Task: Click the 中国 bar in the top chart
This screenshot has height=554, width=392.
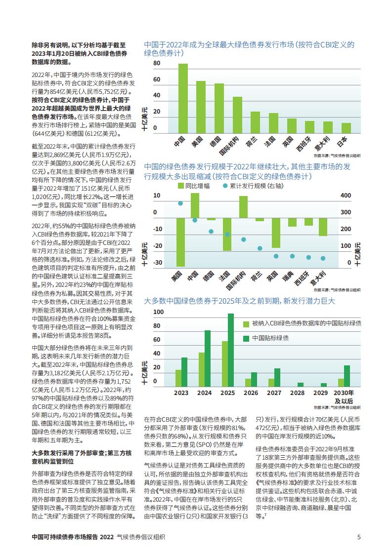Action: click(183, 98)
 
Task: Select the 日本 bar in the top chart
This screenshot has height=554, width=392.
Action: click(346, 128)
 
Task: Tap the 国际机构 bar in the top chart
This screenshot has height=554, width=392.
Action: click(237, 115)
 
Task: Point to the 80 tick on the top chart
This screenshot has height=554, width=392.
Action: click(157, 63)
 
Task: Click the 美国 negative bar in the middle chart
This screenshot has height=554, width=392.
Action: click(180, 242)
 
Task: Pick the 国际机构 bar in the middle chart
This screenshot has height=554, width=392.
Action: click(243, 207)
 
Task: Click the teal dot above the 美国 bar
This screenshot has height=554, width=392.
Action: click(180, 203)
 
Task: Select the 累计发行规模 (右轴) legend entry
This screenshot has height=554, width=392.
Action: click(253, 186)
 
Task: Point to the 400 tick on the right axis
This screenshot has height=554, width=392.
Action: click(346, 196)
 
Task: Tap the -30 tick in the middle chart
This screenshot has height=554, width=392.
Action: click(158, 263)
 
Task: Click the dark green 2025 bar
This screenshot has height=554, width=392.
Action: click(231, 350)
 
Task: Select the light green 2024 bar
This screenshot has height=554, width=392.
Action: click(202, 369)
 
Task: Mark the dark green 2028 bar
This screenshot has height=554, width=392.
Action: click(301, 385)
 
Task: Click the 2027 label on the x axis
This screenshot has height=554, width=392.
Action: click(274, 393)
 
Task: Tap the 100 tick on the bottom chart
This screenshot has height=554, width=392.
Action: click(159, 312)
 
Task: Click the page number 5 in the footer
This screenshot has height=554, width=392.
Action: click(359, 537)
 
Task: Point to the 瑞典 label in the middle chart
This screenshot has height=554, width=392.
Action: click(288, 277)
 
